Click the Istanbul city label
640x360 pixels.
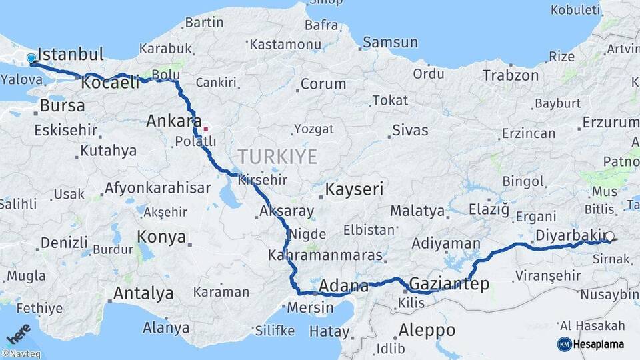[x=71, y=54]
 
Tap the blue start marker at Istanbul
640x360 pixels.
[x=31, y=59]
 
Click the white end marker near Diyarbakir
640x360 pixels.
[x=610, y=236]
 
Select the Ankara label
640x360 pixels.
[x=173, y=121]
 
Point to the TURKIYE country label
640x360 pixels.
[x=278, y=157]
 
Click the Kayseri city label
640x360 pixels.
[x=355, y=189]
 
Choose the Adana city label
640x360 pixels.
[x=344, y=287]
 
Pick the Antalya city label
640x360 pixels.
[x=143, y=293]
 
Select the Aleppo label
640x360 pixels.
[x=427, y=330]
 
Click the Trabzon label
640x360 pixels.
[x=510, y=75]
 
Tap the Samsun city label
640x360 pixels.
[x=391, y=43]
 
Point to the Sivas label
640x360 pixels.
[x=410, y=130]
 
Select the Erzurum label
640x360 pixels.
[x=611, y=123]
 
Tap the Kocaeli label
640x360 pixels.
[x=111, y=83]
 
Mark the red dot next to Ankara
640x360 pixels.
[x=206, y=128]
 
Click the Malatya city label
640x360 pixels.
[x=417, y=211]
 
